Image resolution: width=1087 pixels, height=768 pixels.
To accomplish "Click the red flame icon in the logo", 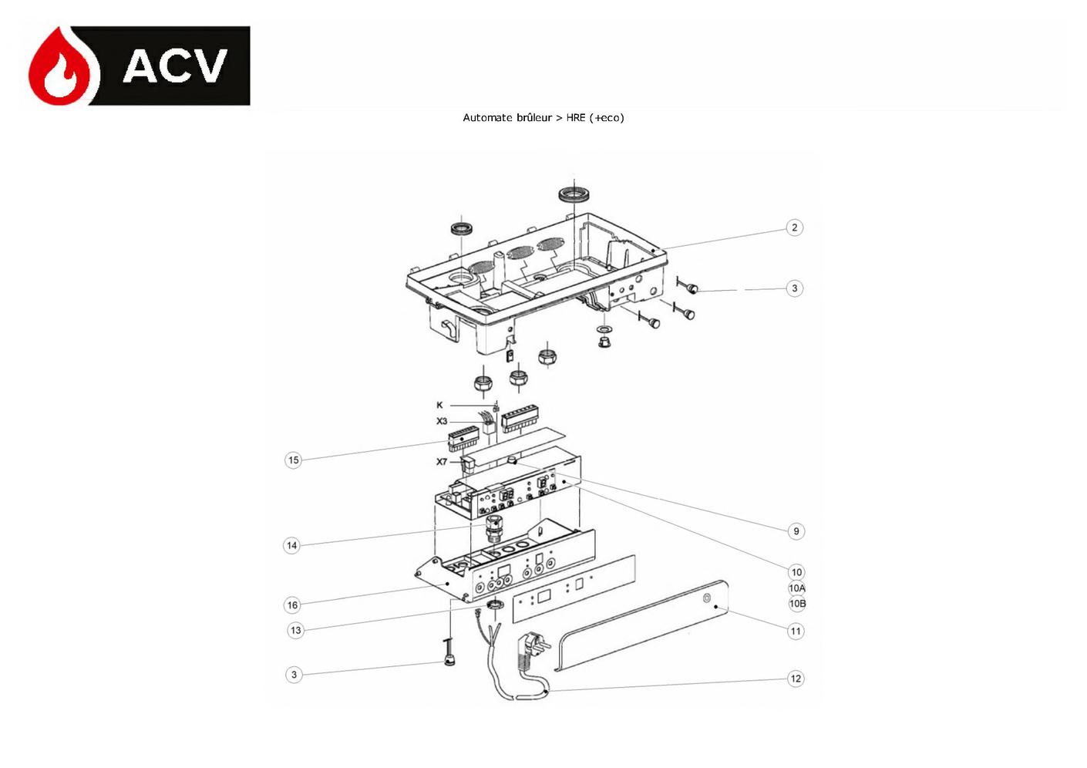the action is click(63, 68).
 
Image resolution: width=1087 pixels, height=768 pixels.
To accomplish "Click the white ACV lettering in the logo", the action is click(175, 66).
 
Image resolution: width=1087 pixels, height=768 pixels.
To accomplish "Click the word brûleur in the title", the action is click(533, 117).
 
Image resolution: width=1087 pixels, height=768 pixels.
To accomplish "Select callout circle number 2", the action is click(794, 227).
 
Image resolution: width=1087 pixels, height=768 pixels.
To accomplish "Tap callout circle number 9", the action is click(796, 531).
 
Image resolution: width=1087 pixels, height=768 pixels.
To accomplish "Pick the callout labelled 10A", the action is click(797, 588).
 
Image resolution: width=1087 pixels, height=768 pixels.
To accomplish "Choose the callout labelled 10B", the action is click(797, 604).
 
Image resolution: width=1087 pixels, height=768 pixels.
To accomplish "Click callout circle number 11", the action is click(796, 631).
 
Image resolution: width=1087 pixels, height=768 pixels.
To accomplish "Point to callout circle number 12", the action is click(796, 679).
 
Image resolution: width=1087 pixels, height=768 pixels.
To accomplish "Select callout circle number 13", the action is click(295, 631).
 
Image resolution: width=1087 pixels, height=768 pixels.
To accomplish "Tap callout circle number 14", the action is click(291, 546).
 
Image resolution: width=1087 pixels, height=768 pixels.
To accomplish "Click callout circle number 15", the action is click(293, 460).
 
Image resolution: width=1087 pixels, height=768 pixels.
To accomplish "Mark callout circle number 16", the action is click(292, 605).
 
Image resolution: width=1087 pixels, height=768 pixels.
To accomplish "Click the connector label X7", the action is click(441, 462).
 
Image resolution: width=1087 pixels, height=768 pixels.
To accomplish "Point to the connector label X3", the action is click(441, 421).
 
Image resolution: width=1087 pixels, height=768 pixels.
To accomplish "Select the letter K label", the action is click(439, 405).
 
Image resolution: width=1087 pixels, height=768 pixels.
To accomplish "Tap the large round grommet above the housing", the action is click(574, 195).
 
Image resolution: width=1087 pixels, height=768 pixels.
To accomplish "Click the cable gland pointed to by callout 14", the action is click(494, 529).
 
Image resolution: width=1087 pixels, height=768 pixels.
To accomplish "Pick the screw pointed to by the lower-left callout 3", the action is click(449, 653).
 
